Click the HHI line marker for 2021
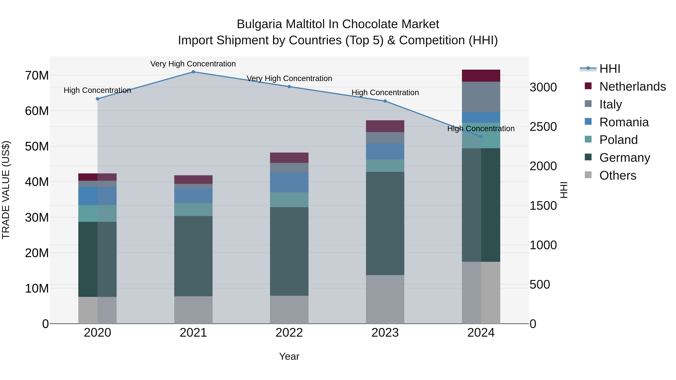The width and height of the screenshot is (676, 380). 193,72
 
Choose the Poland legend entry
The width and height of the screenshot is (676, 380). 618,140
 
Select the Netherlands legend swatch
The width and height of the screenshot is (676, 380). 588,86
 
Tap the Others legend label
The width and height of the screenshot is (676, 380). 618,175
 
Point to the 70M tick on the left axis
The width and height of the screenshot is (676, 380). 37,75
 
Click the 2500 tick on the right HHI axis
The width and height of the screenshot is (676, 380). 543,127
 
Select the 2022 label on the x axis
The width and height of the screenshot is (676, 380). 289,333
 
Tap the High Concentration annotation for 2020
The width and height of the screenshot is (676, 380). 97,90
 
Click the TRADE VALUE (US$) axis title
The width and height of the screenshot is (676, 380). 6,190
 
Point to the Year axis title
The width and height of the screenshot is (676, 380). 289,356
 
